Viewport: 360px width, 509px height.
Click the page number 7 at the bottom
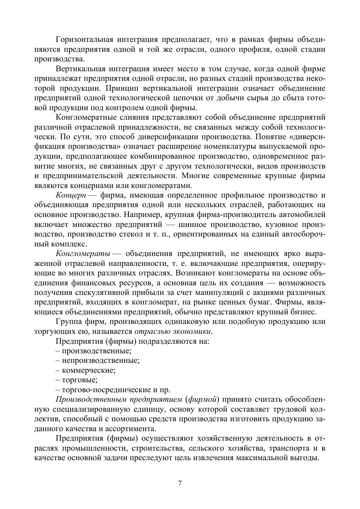(180, 483)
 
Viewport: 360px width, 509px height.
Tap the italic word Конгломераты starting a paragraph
(83, 254)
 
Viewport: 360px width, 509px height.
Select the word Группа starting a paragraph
(68, 322)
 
